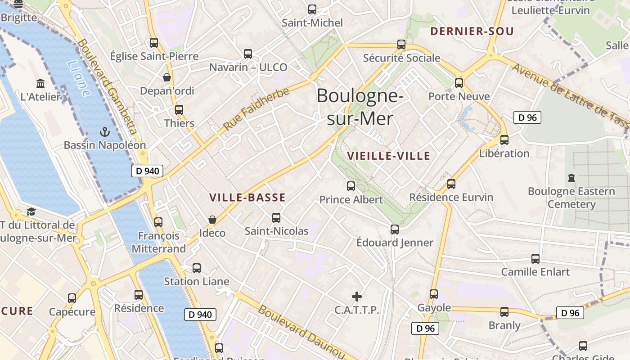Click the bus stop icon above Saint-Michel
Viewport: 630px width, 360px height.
pos(312,9)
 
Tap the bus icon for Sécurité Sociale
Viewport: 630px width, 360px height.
pos(401,45)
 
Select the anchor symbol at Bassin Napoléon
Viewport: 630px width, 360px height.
pos(104,132)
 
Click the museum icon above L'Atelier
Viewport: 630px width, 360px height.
pos(40,83)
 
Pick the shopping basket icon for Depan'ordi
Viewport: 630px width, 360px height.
pos(167,77)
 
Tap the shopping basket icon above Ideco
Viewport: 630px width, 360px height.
pos(212,220)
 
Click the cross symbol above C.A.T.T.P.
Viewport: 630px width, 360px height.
pos(357,297)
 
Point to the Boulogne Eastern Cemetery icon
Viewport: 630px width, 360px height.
pos(571,178)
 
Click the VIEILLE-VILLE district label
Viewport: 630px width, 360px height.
pos(389,156)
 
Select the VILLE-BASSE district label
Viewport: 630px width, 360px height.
pos(247,198)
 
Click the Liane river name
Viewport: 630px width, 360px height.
pos(79,79)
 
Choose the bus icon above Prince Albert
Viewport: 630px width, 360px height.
pos(351,186)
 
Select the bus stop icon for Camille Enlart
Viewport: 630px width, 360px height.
pos(535,259)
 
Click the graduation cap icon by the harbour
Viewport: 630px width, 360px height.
pos(31,211)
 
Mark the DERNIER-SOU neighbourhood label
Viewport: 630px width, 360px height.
pos(472,31)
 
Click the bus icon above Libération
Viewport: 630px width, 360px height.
pos(504,140)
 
